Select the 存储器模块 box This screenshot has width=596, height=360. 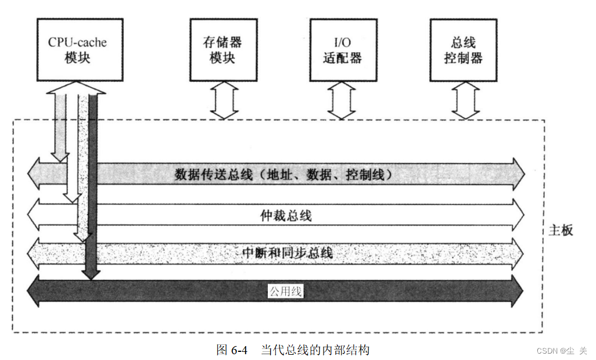click(x=222, y=49)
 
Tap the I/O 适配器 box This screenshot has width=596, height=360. click(x=342, y=49)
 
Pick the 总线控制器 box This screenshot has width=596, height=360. click(x=463, y=49)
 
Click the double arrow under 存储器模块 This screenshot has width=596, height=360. click(x=222, y=100)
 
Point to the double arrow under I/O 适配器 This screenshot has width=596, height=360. click(x=342, y=100)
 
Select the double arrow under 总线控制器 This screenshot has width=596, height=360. click(x=465, y=100)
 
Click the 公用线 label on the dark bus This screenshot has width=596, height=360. click(x=285, y=291)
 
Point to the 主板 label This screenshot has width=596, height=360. click(x=561, y=231)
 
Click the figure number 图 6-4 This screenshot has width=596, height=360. click(x=232, y=350)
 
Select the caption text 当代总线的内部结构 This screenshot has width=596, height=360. click(x=315, y=350)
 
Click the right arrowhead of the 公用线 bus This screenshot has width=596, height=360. click(x=519, y=291)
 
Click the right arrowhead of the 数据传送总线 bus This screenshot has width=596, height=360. click(x=519, y=174)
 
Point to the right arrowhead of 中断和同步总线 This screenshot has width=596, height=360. click(x=519, y=253)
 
